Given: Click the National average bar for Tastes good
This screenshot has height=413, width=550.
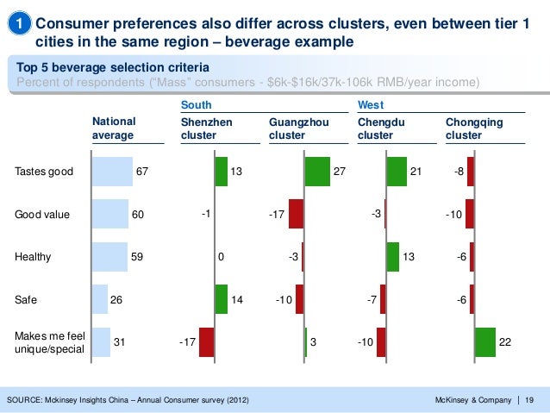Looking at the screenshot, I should (112, 171).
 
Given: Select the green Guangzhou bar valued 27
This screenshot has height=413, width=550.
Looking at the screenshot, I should (317, 171).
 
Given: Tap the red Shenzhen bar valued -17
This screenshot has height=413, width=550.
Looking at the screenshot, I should (206, 342).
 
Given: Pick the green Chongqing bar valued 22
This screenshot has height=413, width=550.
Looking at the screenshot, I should (484, 342).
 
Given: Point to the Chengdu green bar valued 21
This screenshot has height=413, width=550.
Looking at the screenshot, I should (397, 171).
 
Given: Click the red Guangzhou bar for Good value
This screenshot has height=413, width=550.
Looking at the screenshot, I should (296, 214).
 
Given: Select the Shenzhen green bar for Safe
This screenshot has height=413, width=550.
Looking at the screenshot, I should (222, 299).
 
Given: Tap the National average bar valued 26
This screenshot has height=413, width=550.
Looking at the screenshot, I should (100, 299).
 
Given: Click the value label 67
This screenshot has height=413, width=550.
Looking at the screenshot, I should (141, 172).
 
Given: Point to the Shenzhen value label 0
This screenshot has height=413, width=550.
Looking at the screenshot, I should (222, 257).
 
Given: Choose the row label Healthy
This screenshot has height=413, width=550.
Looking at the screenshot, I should (34, 257).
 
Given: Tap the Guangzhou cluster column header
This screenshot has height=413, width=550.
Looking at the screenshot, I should (298, 129).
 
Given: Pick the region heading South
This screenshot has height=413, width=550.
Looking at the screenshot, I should (196, 104).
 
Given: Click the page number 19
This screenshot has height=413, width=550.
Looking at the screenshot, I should (529, 398).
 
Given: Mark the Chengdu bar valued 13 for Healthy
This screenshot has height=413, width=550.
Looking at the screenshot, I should (392, 257).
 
